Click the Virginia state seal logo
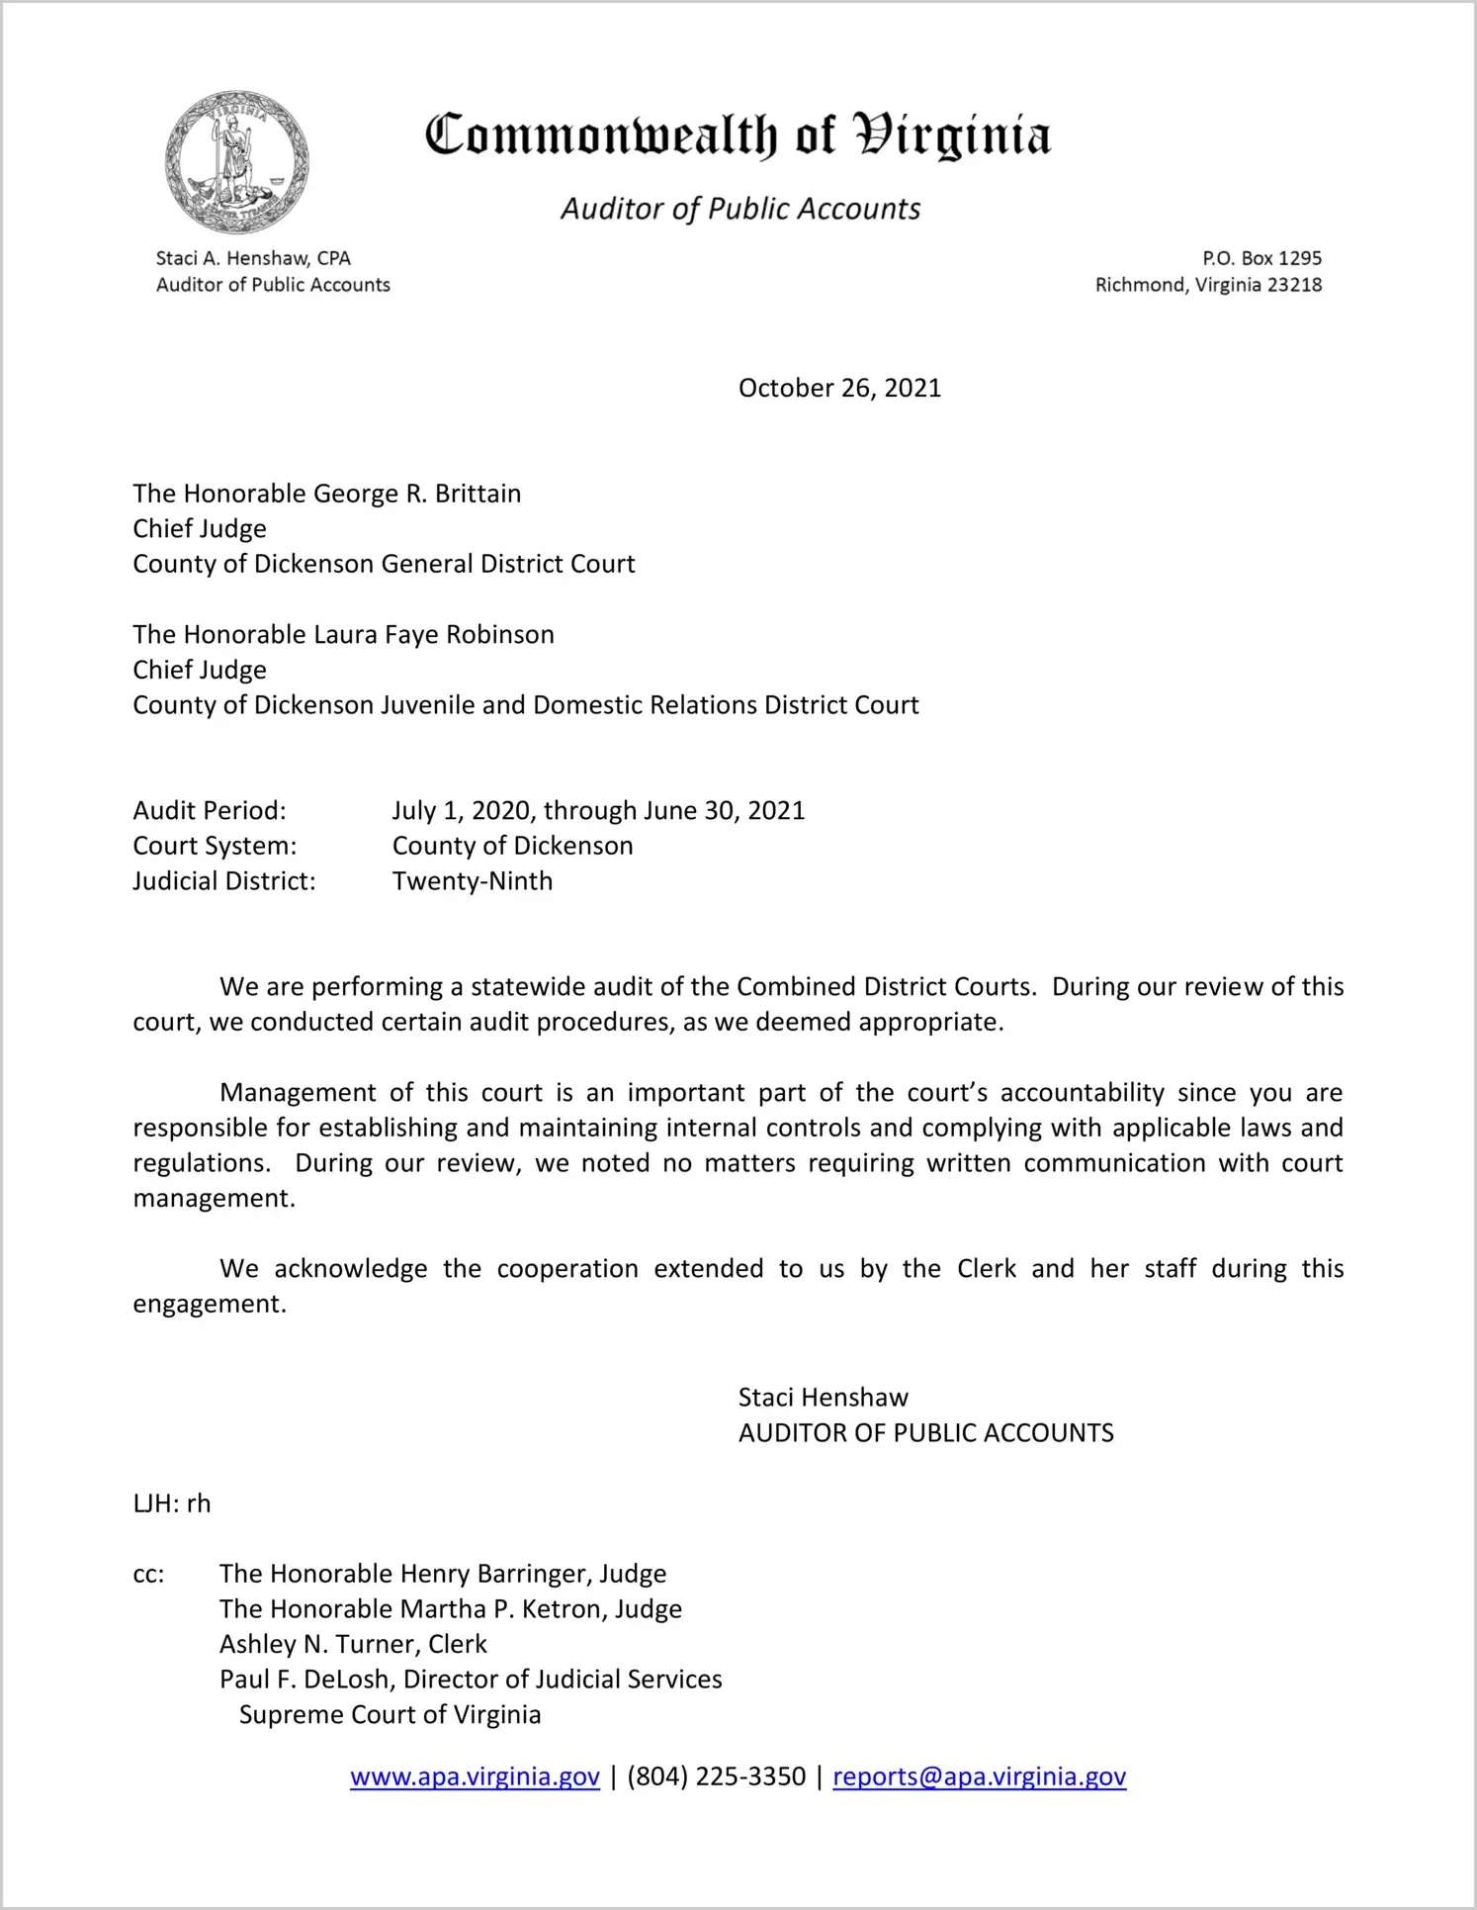(x=236, y=162)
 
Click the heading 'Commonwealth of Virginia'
(x=738, y=136)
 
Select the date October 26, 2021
(x=839, y=388)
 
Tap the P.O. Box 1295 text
(x=1261, y=258)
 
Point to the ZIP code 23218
(x=1294, y=285)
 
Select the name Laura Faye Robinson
(x=434, y=635)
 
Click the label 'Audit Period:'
(x=210, y=811)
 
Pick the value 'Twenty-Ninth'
(x=473, y=881)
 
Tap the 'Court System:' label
(x=215, y=847)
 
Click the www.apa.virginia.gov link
(x=475, y=1777)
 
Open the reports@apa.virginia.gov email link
(x=979, y=1777)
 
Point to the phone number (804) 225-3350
(x=716, y=1777)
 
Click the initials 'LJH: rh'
(x=172, y=1504)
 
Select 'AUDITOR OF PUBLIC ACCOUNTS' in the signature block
(x=925, y=1433)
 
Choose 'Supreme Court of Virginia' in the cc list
(x=390, y=1715)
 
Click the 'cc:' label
(x=148, y=1575)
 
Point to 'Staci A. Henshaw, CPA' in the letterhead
(x=253, y=258)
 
